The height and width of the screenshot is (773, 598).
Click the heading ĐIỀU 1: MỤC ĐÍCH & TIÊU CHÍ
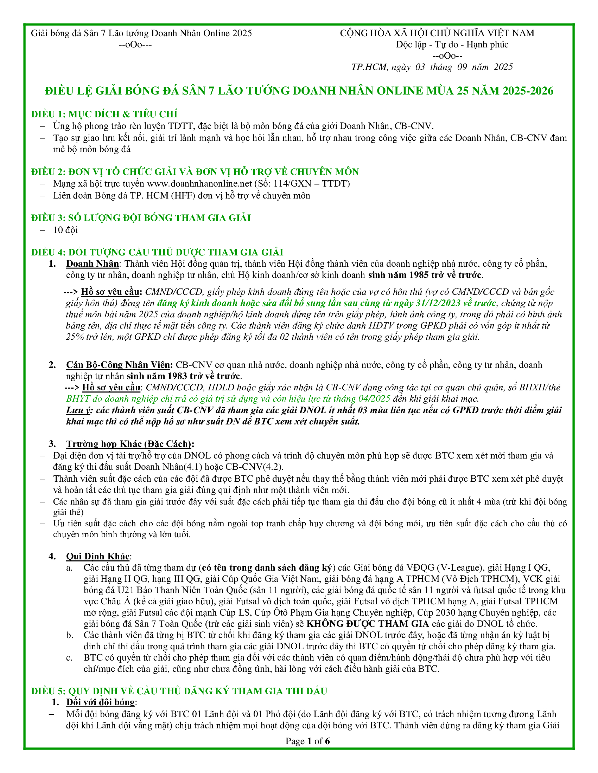[104, 114]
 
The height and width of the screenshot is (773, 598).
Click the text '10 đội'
[65, 230]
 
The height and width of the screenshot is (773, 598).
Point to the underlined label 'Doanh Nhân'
[93, 264]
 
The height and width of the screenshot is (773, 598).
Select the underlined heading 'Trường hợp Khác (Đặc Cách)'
[129, 444]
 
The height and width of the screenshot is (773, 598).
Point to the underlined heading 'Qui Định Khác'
[98, 557]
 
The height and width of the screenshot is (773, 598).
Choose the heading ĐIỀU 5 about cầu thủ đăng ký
[179, 691]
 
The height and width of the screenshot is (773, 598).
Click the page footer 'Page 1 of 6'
[307, 741]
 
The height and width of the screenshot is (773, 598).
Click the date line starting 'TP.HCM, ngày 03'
[432, 67]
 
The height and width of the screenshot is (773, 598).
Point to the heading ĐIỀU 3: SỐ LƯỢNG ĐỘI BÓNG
[141, 218]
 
